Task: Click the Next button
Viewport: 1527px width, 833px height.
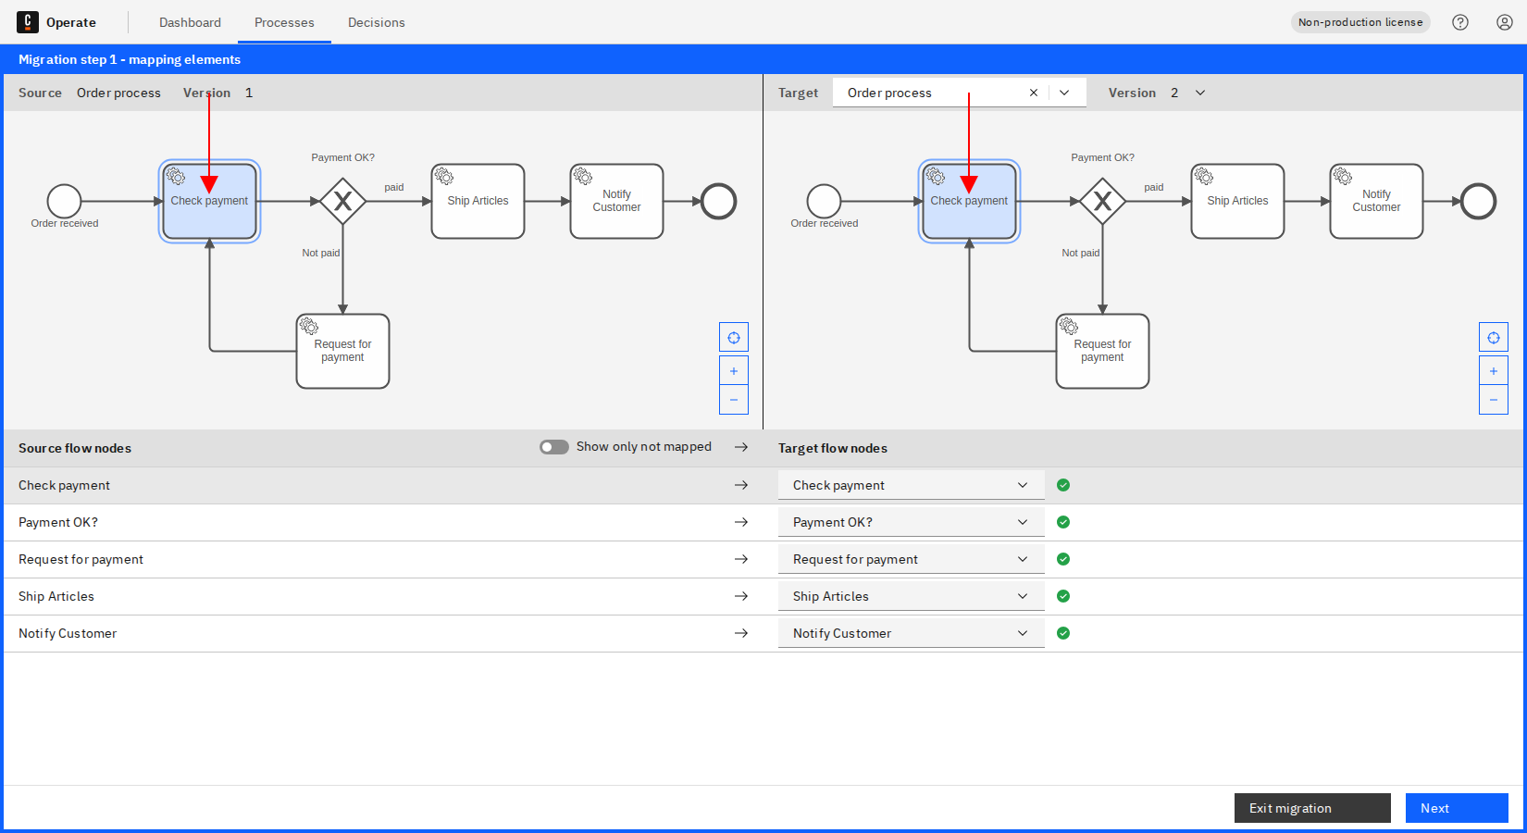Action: coord(1456,808)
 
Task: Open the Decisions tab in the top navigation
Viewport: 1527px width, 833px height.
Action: coord(376,22)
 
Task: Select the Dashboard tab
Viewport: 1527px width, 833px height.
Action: coord(190,22)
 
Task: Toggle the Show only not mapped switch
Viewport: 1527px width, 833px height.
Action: coord(554,447)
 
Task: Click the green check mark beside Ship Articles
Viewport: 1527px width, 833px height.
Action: coord(1063,596)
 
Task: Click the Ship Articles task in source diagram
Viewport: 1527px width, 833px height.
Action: coord(478,201)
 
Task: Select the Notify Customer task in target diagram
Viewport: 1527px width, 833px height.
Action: coord(1376,201)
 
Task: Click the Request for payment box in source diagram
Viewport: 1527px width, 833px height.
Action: coord(342,351)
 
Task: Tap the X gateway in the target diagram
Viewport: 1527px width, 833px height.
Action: coord(1102,201)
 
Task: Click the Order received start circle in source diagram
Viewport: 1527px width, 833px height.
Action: coord(65,201)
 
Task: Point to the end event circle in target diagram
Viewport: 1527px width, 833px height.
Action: coord(1478,201)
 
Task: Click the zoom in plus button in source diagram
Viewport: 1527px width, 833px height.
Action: coord(734,370)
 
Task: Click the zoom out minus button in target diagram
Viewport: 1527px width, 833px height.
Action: coord(1494,400)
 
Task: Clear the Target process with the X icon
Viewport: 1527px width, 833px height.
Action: coord(1034,93)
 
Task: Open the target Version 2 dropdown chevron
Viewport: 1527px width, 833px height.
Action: coord(1200,93)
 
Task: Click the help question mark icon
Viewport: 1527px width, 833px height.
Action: coord(1460,22)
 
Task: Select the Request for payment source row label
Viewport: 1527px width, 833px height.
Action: coord(81,559)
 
